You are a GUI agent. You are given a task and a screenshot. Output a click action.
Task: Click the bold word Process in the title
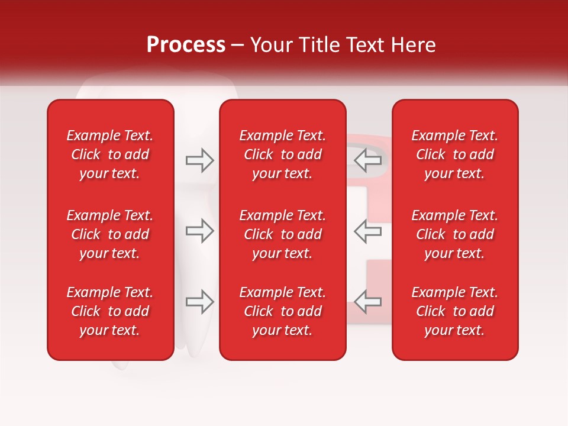click(x=186, y=45)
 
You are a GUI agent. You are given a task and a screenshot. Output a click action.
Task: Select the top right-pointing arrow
click(x=199, y=160)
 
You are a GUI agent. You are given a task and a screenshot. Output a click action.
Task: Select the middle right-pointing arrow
click(x=199, y=231)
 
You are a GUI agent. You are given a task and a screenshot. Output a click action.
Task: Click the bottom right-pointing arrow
click(x=199, y=302)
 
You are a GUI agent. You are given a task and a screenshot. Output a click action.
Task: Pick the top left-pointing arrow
click(x=368, y=160)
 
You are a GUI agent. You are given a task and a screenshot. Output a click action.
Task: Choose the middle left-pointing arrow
click(x=368, y=231)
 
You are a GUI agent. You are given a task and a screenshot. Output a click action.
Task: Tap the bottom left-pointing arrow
click(x=368, y=302)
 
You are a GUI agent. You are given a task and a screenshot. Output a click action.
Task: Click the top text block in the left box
click(x=110, y=154)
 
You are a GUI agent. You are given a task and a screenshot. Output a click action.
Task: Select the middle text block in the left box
click(x=110, y=234)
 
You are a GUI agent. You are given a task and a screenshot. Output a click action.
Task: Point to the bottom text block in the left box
click(x=110, y=311)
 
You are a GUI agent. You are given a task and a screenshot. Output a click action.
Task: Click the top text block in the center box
click(x=282, y=154)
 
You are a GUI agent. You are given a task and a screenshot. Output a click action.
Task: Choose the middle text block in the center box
click(x=282, y=234)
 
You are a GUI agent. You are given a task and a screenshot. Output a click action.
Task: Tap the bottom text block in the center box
click(x=282, y=311)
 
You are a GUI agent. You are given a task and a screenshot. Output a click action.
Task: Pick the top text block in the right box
click(x=454, y=154)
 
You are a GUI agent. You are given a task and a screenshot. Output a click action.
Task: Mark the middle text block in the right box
click(x=454, y=234)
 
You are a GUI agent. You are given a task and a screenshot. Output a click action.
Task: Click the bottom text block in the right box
click(x=454, y=311)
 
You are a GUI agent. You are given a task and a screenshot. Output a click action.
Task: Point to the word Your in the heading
click(x=270, y=45)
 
